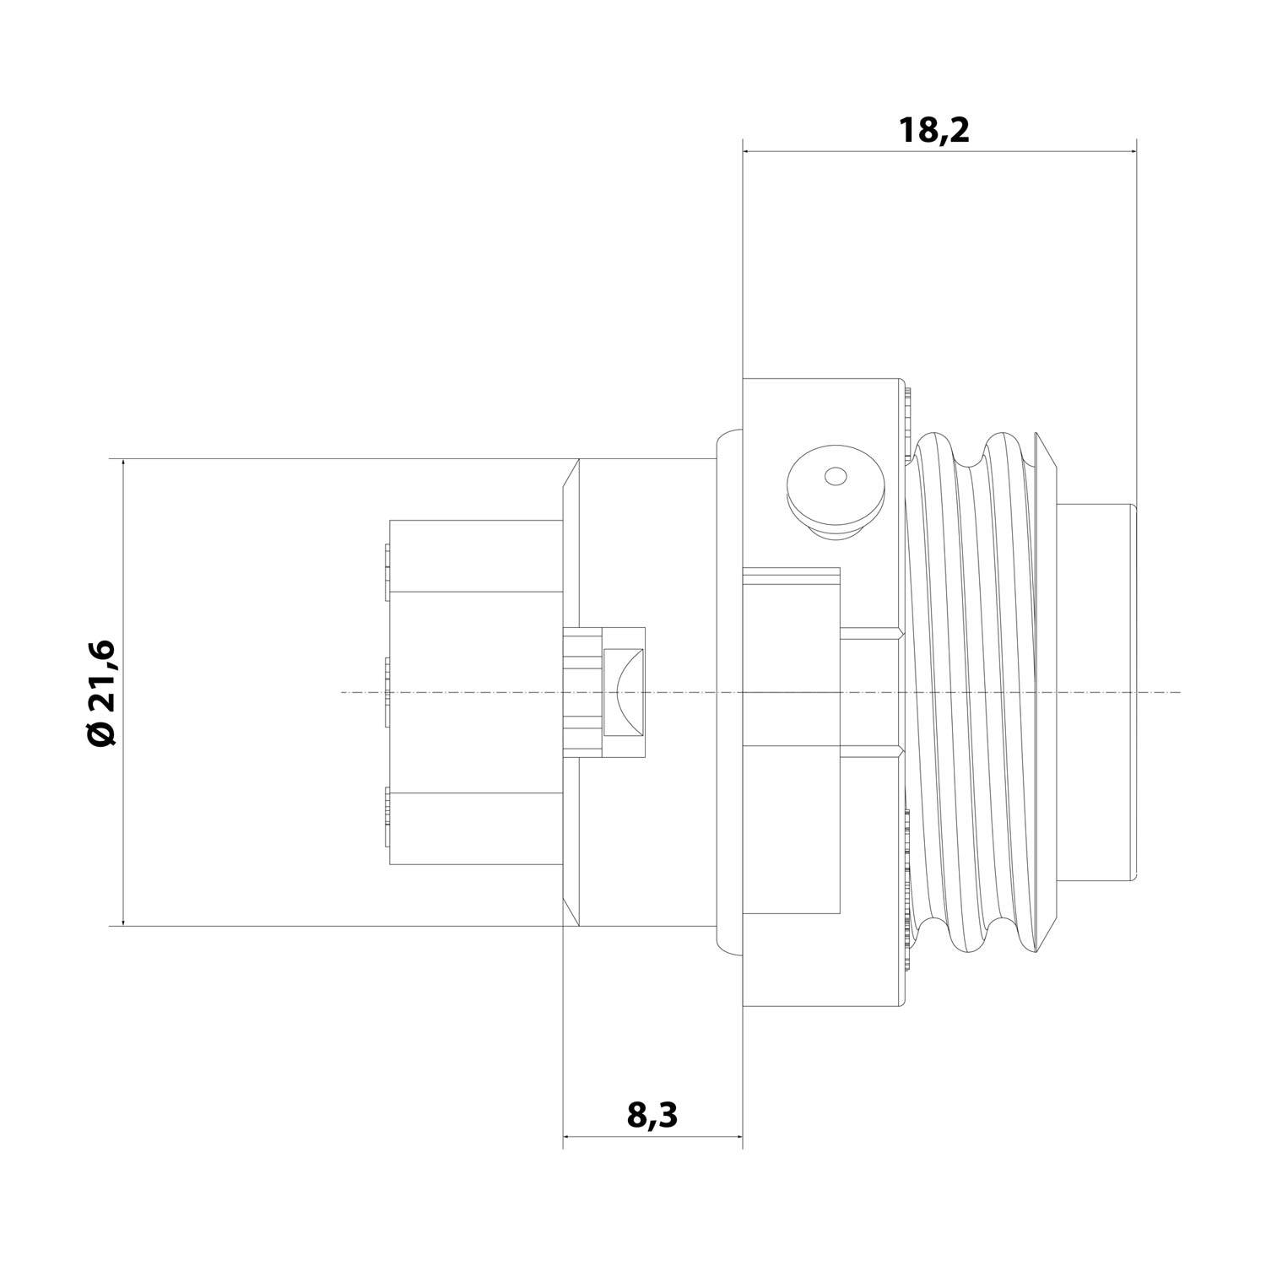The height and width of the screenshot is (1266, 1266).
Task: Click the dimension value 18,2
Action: coord(934,131)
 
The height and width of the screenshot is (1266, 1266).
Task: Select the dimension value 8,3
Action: coord(652,1116)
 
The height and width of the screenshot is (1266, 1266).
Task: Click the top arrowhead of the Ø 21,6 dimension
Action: coord(123,465)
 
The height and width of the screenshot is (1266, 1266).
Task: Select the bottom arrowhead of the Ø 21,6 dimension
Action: coord(123,920)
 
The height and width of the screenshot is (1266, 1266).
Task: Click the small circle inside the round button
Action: coord(835,477)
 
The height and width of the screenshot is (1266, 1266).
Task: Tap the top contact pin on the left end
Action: coord(386,572)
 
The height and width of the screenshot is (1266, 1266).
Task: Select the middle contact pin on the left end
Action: coord(386,692)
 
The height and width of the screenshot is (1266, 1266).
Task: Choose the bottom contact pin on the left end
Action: coord(386,815)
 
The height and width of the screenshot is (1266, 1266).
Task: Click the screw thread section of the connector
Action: coord(979,692)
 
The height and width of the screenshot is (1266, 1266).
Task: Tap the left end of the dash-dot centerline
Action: coord(343,692)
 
